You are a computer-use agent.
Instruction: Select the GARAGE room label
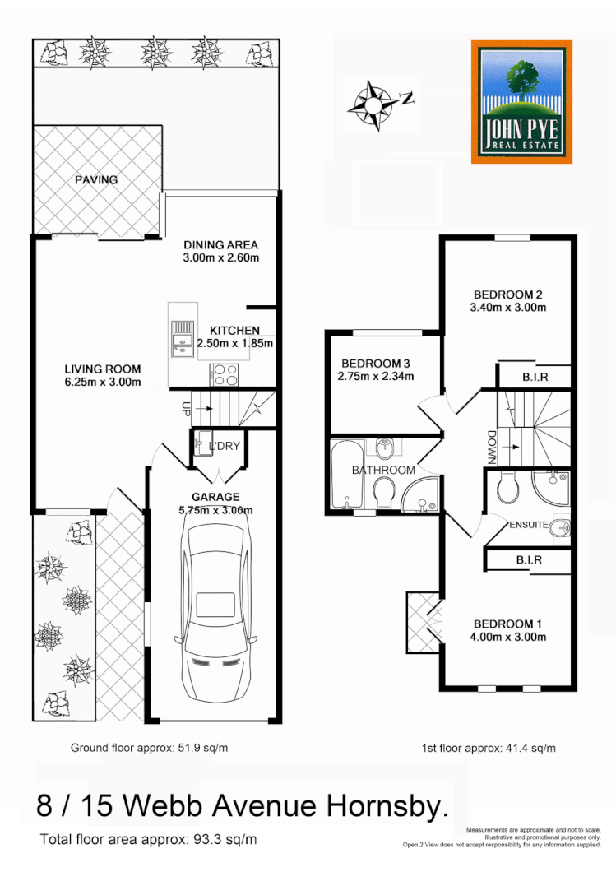pos(215,497)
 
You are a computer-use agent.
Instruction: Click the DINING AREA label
pos(220,244)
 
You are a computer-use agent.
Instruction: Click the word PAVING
pos(96,179)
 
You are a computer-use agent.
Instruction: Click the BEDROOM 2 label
pos(507,295)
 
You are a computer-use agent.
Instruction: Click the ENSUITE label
pos(529,525)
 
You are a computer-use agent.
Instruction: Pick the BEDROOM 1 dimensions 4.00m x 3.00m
pos(509,636)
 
